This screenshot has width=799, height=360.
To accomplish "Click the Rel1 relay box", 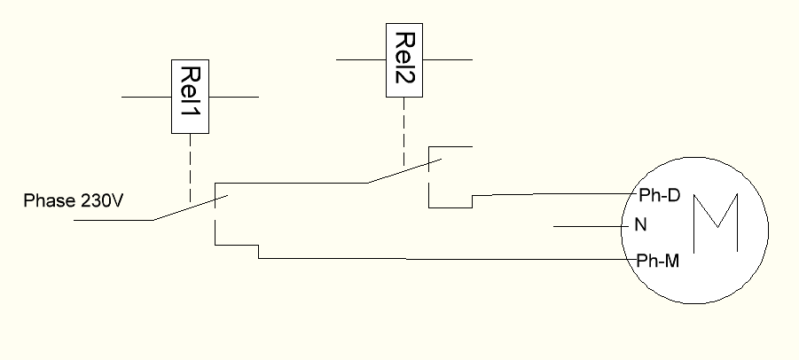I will [190, 97].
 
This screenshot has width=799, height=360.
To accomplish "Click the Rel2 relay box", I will [404, 59].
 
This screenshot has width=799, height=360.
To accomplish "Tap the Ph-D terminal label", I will [658, 195].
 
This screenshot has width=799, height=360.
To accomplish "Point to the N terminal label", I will [640, 225].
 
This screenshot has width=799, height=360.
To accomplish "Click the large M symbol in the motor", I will [714, 223].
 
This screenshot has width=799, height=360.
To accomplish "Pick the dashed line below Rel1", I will [190, 168].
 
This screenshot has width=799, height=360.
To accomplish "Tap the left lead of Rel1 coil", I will [145, 97].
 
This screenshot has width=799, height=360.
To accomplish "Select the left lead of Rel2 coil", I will [362, 59].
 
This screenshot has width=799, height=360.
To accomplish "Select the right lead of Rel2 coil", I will [447, 59].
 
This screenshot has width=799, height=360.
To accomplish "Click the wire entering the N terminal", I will [591, 227].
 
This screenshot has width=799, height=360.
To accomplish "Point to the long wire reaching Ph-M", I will [443, 260].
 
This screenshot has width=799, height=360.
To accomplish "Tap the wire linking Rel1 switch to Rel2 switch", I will [293, 184].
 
